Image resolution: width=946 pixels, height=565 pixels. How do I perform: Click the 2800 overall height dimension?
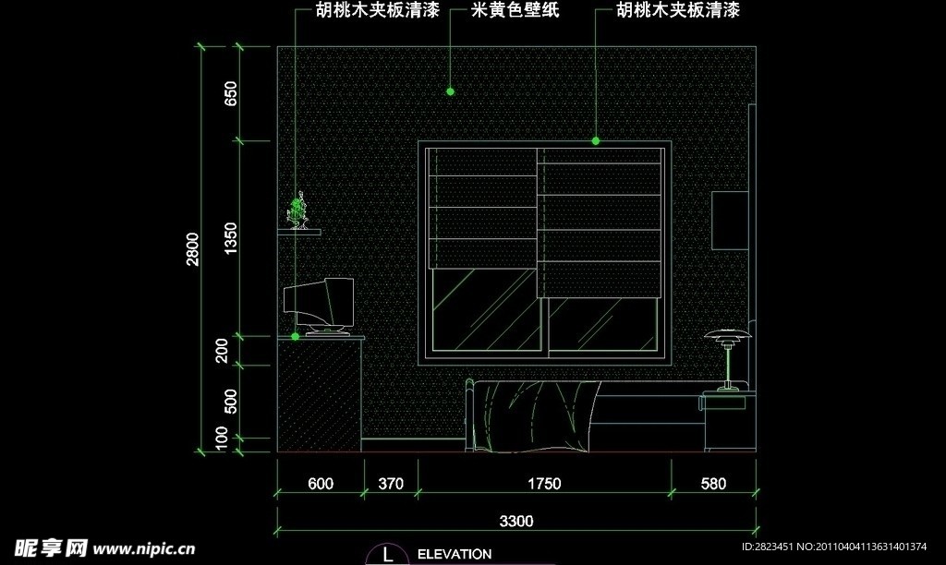click(x=192, y=248)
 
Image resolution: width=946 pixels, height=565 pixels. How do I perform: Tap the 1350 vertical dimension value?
click(x=231, y=238)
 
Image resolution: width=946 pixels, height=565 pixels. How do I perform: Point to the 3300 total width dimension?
click(x=516, y=522)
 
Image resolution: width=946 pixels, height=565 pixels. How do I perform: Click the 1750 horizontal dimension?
click(x=544, y=483)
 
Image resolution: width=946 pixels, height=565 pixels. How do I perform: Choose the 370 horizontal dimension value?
click(x=391, y=483)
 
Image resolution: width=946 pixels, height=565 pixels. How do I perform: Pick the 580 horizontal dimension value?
click(x=713, y=483)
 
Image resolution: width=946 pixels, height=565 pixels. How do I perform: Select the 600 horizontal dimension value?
click(x=320, y=483)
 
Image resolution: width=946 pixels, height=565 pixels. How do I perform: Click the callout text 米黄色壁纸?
click(x=515, y=11)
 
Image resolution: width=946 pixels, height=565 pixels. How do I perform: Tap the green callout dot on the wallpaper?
click(x=450, y=91)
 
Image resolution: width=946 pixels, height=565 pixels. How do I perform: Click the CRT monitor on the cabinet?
click(x=320, y=304)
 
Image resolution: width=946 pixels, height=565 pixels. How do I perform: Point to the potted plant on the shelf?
click(x=298, y=211)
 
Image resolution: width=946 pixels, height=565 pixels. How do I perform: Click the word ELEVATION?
click(x=455, y=555)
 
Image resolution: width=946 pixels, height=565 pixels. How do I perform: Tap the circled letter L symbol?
click(x=387, y=555)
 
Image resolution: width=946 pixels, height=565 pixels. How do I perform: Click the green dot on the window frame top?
click(x=596, y=141)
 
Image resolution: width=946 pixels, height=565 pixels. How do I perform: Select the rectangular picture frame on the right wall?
click(x=730, y=220)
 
